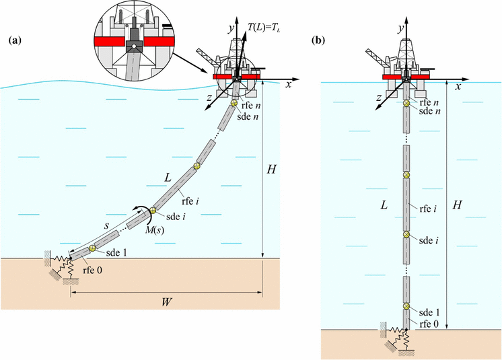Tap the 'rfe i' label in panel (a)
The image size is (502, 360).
pyautogui.click(x=190, y=197)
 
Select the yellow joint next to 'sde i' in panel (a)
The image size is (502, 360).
pyautogui.click(x=153, y=211)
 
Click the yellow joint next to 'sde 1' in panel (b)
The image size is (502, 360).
pyautogui.click(x=406, y=307)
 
